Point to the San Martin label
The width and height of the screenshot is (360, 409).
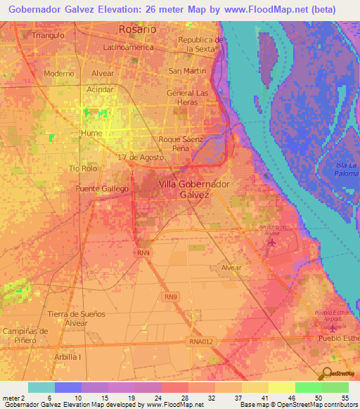(188, 71)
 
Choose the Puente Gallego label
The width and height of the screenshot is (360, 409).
(102, 188)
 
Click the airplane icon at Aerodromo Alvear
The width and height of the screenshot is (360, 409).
(271, 242)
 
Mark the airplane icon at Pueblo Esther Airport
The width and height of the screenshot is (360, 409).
(334, 328)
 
